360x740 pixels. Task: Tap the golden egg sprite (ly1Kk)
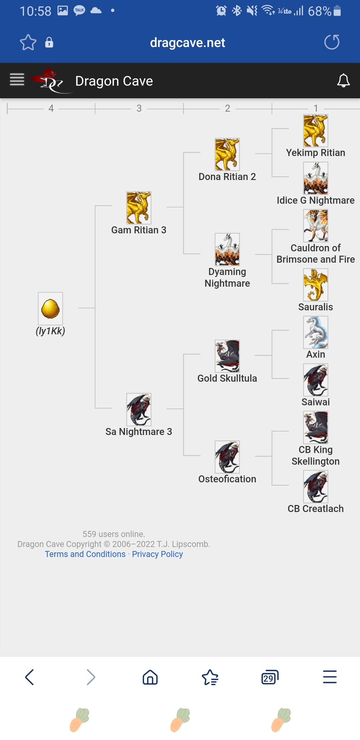coord(50,308)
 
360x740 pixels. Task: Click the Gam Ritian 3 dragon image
coord(139,208)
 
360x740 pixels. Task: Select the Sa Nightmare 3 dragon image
coord(139,409)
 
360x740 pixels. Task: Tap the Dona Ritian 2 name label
coord(227,177)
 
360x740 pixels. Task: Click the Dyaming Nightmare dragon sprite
coord(227,249)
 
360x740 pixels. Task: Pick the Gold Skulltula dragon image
coord(227,356)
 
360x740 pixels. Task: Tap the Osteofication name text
coord(227,479)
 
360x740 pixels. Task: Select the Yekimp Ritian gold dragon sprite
coord(315,131)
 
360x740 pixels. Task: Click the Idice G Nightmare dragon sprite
coord(315,178)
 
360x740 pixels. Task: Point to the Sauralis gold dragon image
coord(315,285)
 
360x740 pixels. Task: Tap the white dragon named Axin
coord(315,332)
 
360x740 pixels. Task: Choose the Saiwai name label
coord(315,402)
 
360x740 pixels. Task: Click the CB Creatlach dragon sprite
coord(315,487)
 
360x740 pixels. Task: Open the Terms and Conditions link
coord(85,554)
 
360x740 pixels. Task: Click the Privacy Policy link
coord(157,554)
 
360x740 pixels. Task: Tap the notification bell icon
coord(343,81)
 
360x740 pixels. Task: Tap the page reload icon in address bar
coord(332,42)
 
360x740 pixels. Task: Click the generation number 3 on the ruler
coord(139,108)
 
